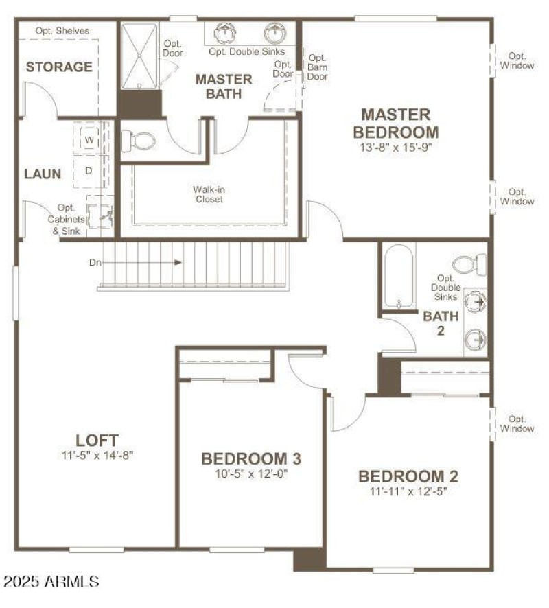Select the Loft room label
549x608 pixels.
pyautogui.click(x=97, y=440)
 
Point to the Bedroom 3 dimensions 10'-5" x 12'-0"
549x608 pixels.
pyautogui.click(x=251, y=473)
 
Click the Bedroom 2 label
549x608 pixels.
pyautogui.click(x=408, y=476)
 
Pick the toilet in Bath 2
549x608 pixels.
pyautogui.click(x=470, y=264)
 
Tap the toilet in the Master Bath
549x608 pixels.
pyautogui.click(x=139, y=141)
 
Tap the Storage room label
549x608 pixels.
pyautogui.click(x=59, y=67)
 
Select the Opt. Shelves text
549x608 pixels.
pyautogui.click(x=62, y=31)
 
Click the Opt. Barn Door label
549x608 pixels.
pyautogui.click(x=318, y=67)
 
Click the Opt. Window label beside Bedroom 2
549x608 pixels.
pyautogui.click(x=517, y=423)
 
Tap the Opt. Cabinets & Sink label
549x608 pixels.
pyautogui.click(x=67, y=220)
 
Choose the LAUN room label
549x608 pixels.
pyautogui.click(x=43, y=174)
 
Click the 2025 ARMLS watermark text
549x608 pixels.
pyautogui.click(x=51, y=582)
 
